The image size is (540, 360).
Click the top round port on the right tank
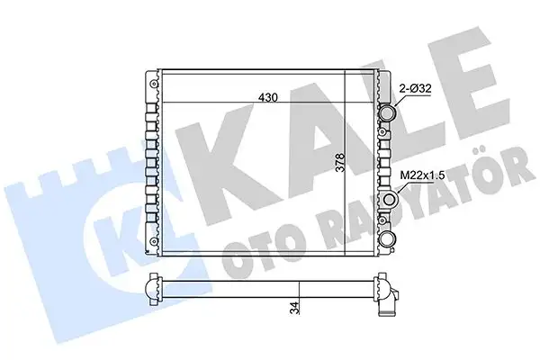click(x=388, y=114)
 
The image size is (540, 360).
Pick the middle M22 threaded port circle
click(x=390, y=200)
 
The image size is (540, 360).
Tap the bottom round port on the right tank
click(x=389, y=238)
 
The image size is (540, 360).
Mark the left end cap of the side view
click(x=148, y=290)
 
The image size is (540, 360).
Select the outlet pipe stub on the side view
click(x=389, y=306)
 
